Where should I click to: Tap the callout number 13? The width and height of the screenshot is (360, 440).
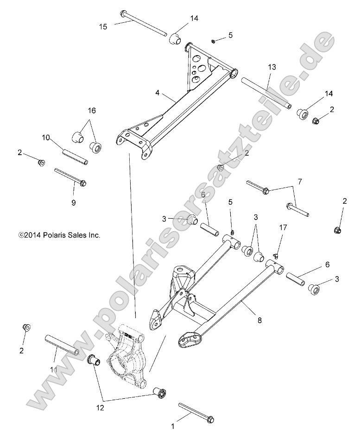(272, 67)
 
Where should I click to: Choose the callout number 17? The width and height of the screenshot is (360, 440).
(283, 227)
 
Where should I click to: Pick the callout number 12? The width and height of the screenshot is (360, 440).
(101, 408)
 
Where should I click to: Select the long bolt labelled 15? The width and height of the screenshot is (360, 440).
(144, 23)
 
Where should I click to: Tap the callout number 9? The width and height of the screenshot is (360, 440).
(74, 202)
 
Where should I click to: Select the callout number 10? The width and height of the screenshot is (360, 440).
(46, 138)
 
